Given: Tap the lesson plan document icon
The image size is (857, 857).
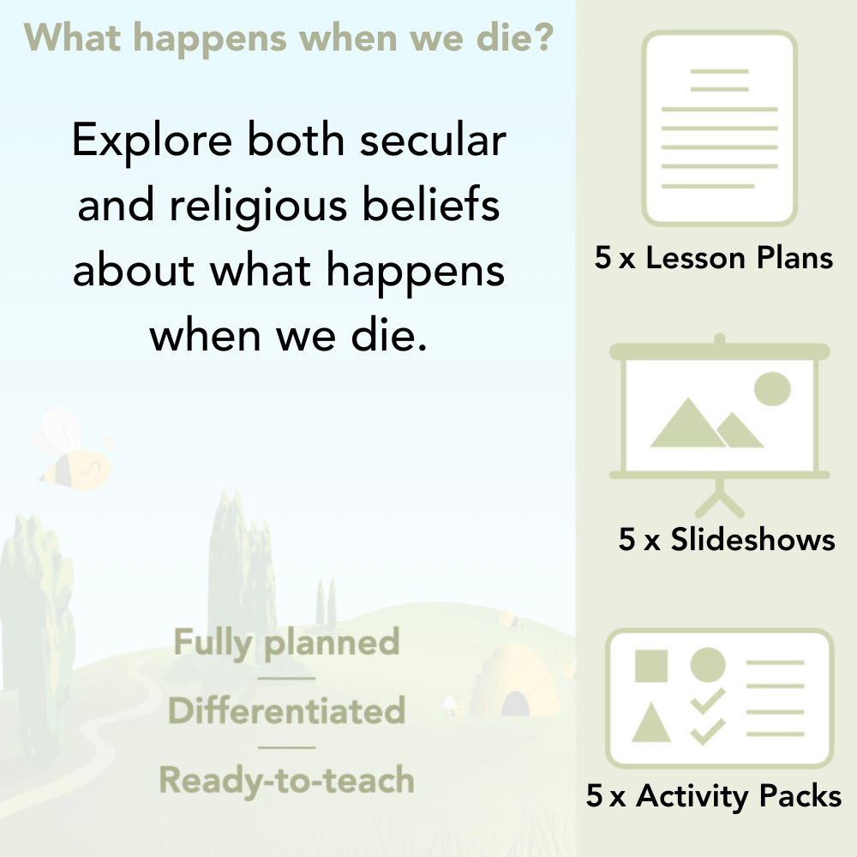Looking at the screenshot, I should pos(720,129).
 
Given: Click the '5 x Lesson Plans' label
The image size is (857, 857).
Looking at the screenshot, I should pos(714,258).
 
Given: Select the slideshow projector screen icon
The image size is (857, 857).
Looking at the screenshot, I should pos(720,411).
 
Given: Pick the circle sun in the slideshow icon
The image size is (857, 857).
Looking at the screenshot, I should pos(771,388).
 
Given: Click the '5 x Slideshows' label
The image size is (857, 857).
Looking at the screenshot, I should pos(727,539).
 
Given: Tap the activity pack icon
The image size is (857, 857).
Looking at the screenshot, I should pos(720,698).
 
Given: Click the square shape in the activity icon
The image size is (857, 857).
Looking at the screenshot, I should pos(651,666).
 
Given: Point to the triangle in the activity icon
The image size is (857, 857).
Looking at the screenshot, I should pos(651,722).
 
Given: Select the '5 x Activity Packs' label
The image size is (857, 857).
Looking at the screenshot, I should pos(714,796).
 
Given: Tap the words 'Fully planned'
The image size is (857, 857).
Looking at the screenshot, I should pos(286,643).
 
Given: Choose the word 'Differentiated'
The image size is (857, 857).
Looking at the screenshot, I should pos(286,711).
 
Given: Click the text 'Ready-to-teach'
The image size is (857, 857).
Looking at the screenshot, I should pos(286,781).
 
